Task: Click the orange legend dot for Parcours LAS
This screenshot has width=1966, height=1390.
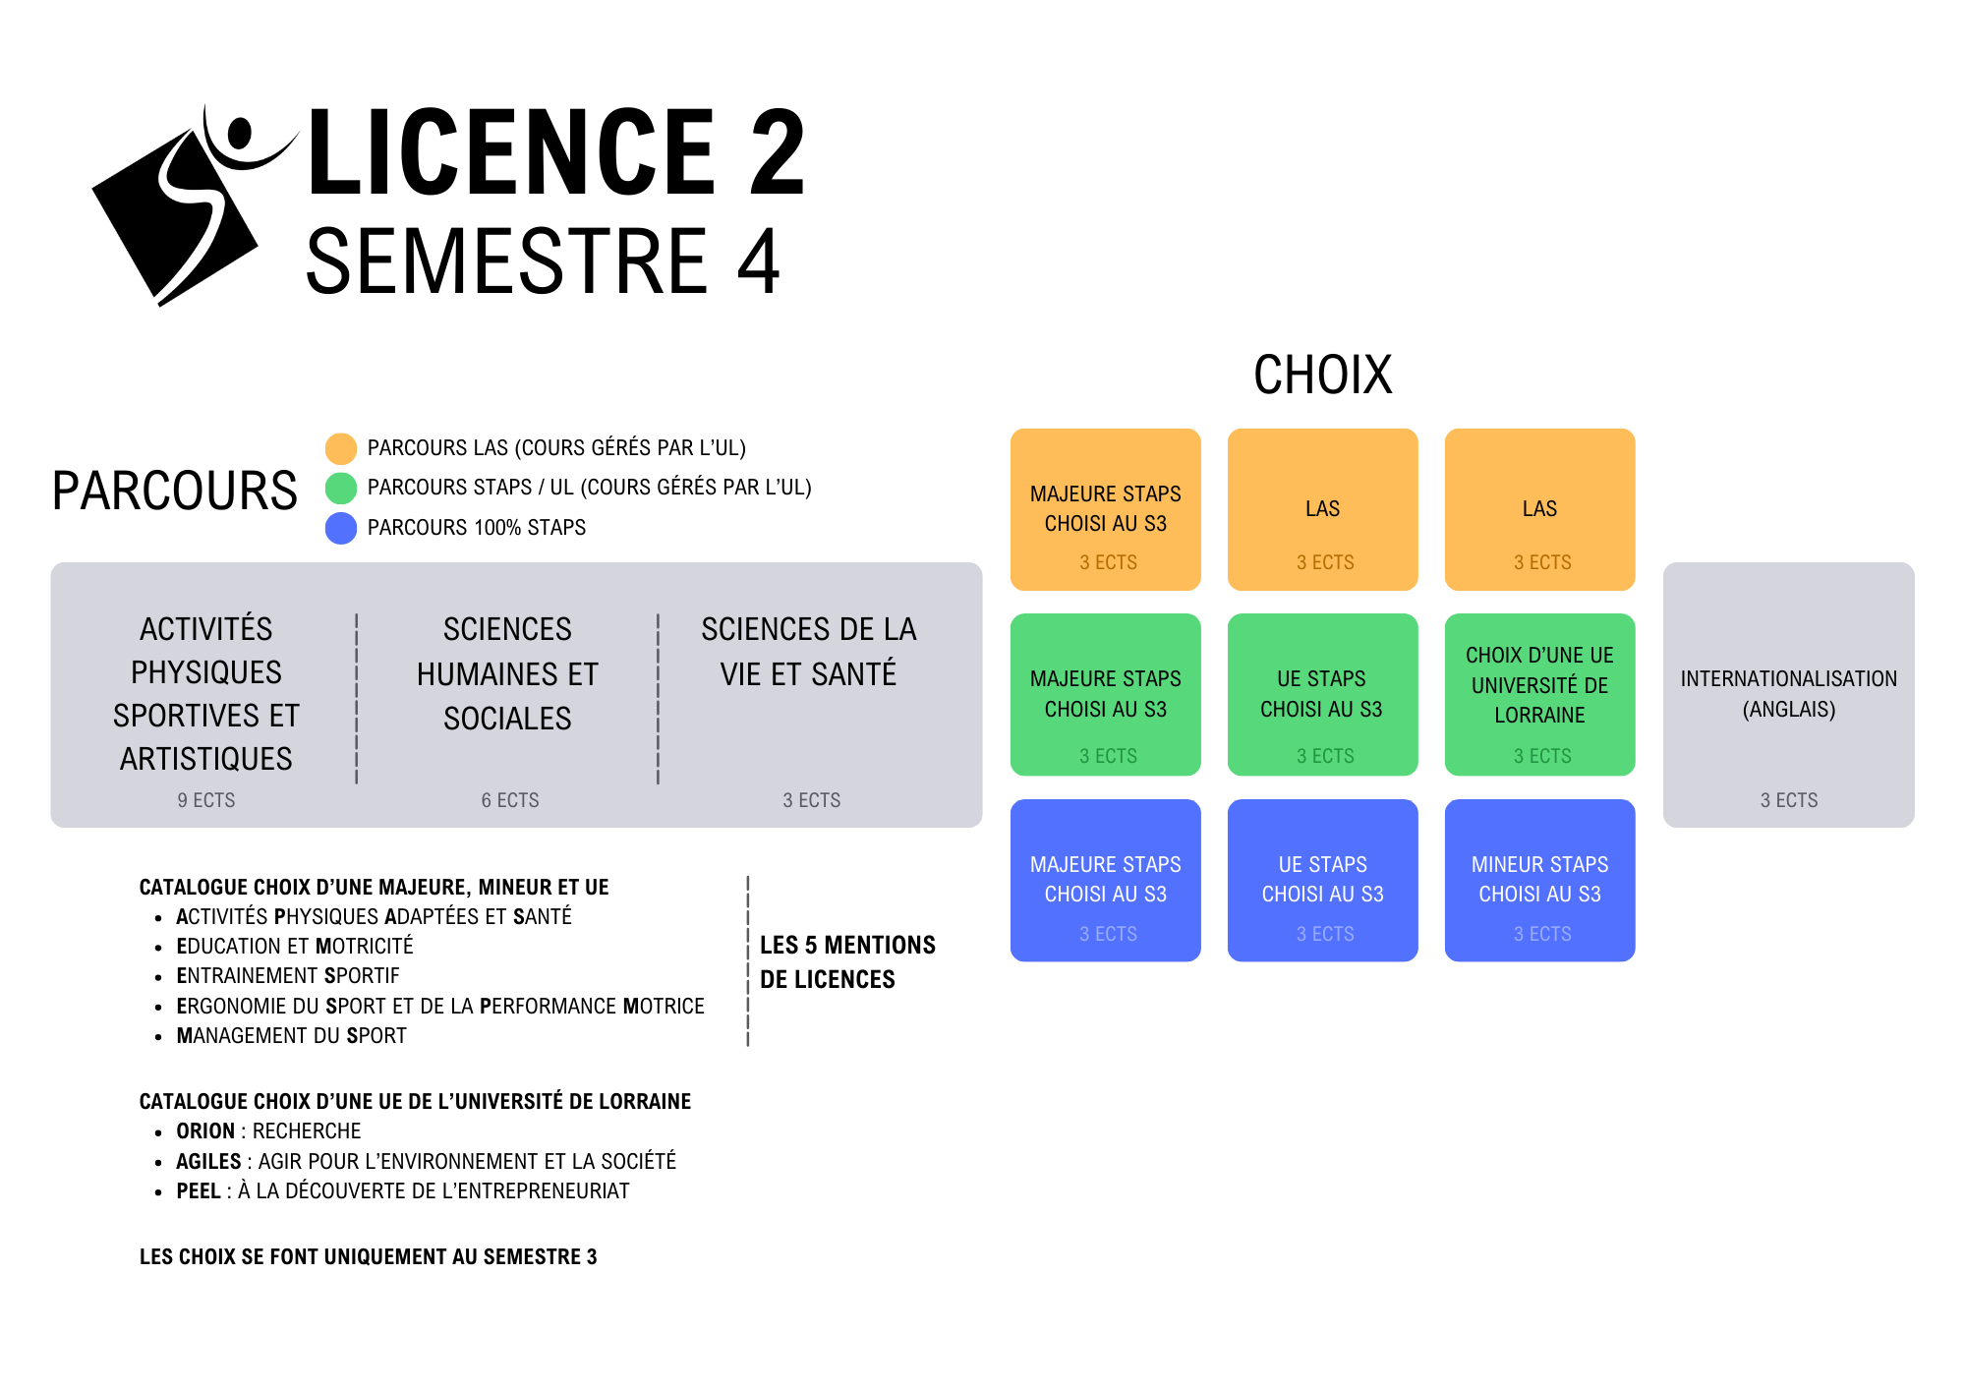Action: [x=341, y=448]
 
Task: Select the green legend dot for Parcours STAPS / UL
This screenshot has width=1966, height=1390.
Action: [x=341, y=488]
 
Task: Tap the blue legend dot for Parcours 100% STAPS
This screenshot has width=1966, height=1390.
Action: [x=341, y=528]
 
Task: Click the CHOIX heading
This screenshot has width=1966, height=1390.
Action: [x=1322, y=375]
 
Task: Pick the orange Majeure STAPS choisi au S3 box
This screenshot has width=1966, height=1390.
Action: [x=1106, y=509]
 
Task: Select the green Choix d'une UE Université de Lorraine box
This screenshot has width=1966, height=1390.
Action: [x=1539, y=694]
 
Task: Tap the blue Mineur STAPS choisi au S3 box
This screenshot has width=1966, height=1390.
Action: [x=1539, y=880]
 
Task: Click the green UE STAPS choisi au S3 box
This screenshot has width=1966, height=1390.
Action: [x=1322, y=694]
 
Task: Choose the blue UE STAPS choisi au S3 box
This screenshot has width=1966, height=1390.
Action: [x=1322, y=880]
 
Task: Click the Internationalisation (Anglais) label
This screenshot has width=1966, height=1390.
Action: [x=1788, y=693]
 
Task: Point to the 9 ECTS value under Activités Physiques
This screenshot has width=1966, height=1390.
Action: [x=206, y=800]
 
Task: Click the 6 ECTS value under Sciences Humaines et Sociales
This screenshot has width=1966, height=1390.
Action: [x=510, y=800]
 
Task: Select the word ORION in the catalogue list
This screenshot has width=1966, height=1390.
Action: [x=205, y=1131]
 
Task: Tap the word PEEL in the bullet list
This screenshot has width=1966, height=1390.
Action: [x=199, y=1191]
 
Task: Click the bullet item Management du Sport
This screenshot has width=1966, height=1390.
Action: [x=291, y=1036]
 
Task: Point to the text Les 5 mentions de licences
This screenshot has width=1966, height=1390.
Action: [x=846, y=961]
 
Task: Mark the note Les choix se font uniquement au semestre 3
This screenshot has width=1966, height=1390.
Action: [x=368, y=1257]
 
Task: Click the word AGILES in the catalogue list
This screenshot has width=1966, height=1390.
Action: [x=208, y=1162]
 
